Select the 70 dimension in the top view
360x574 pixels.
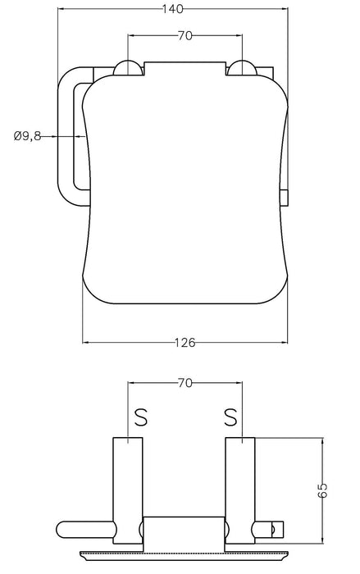(x=184, y=36)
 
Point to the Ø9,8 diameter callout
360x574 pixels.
(x=27, y=136)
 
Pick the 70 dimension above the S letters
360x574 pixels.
(x=184, y=382)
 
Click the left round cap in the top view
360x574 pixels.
(x=128, y=69)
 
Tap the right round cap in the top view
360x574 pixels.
(x=241, y=69)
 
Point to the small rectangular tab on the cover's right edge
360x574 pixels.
(x=285, y=197)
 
